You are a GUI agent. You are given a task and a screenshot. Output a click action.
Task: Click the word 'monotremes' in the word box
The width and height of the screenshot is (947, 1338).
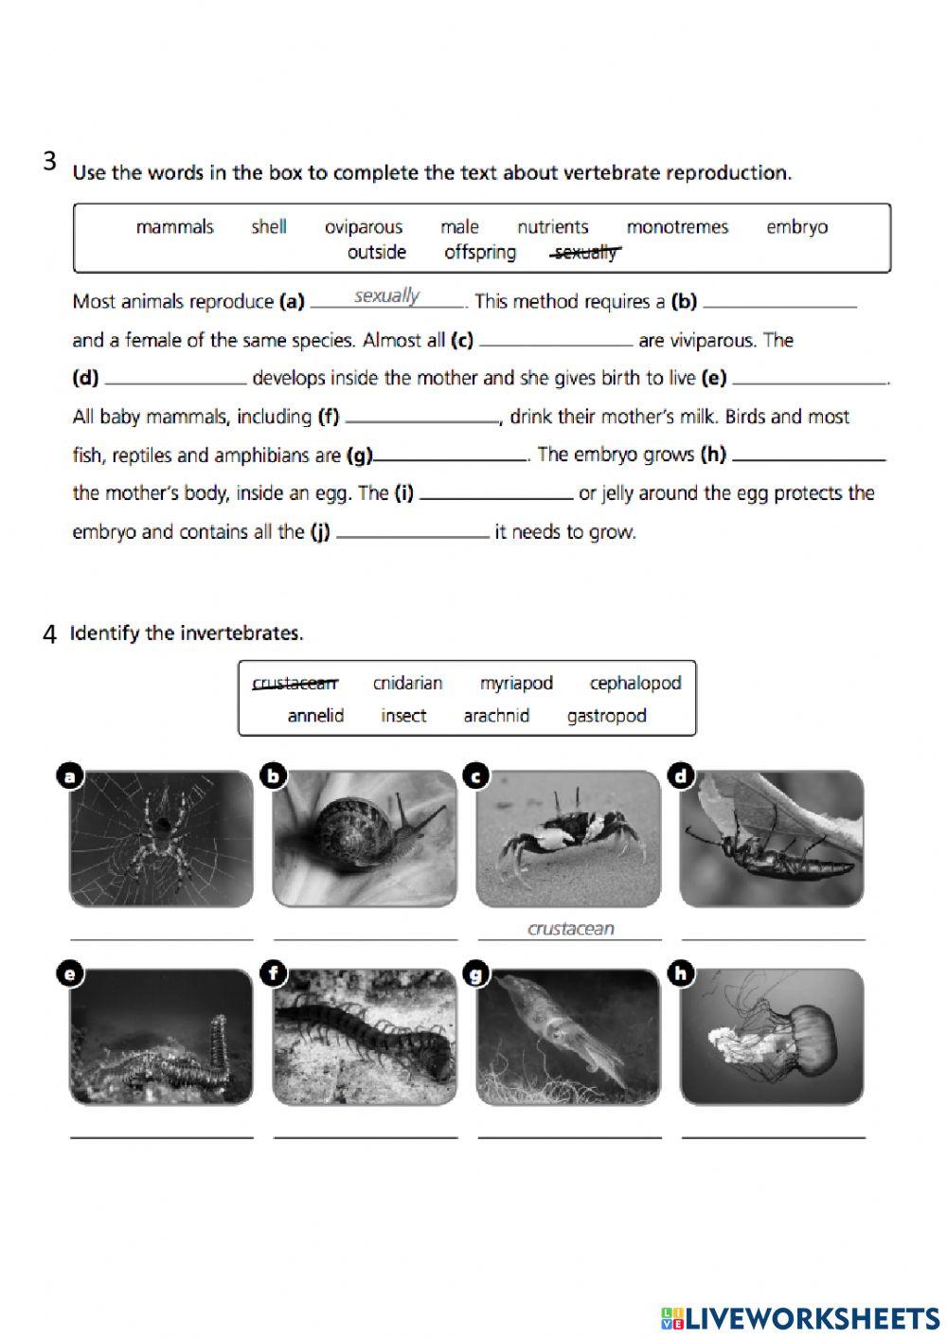677,227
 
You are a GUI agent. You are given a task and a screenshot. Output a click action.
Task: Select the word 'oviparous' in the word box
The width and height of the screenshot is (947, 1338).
364,227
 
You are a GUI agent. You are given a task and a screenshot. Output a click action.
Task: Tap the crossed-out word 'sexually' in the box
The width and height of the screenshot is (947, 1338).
586,253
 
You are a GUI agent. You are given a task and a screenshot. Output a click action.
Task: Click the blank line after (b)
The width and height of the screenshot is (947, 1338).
780,305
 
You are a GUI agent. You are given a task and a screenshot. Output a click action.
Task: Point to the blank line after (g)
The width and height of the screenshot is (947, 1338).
451,458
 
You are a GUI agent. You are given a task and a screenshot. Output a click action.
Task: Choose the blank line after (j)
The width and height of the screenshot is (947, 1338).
413,535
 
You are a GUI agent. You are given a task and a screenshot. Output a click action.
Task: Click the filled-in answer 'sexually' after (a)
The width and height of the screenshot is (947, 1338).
386,296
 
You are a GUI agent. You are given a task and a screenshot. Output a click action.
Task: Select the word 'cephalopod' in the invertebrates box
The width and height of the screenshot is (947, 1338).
634,684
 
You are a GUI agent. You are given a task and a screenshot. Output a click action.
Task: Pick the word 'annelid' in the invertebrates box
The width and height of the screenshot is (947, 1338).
315,716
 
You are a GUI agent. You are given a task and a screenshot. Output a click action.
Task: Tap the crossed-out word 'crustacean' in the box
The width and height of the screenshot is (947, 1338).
295,684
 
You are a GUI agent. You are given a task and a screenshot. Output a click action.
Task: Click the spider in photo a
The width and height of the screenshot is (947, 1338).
161,833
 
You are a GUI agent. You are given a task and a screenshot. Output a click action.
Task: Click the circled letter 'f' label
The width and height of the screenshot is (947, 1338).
274,973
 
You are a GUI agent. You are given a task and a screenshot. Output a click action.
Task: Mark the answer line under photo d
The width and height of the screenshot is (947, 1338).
773,937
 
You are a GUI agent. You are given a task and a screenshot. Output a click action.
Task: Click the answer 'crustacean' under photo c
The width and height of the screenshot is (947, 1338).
570,929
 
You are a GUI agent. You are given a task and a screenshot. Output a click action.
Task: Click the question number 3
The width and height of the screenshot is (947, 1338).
50,161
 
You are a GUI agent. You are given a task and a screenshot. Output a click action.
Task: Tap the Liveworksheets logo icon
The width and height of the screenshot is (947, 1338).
671,1317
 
